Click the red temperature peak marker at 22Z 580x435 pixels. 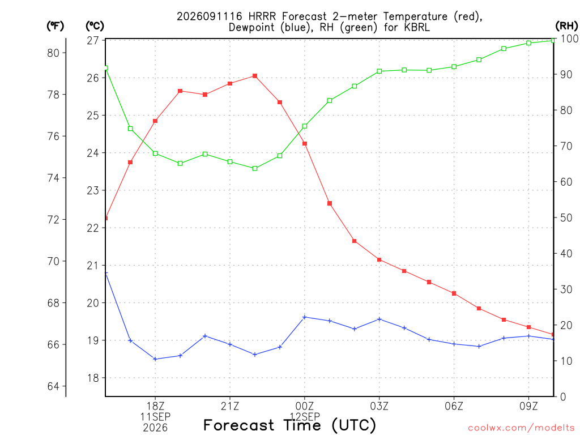pyautogui.click(x=255, y=76)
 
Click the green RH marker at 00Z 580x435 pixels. pyautogui.click(x=305, y=126)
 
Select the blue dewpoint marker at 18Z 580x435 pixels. pyautogui.click(x=155, y=359)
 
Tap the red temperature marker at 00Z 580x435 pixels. pyautogui.click(x=305, y=143)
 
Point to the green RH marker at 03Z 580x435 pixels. pyautogui.click(x=379, y=71)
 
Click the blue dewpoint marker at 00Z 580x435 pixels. pyautogui.click(x=305, y=317)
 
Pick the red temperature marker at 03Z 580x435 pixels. pyautogui.click(x=379, y=259)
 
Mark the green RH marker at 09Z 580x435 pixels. pyautogui.click(x=528, y=43)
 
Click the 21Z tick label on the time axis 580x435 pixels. pyautogui.click(x=230, y=406)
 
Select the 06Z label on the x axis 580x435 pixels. pyautogui.click(x=454, y=406)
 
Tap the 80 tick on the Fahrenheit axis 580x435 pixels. pyautogui.click(x=54, y=53)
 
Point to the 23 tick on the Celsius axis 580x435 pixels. pyautogui.click(x=93, y=190)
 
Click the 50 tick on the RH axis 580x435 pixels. pyautogui.click(x=566, y=217)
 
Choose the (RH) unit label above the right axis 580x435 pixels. pyautogui.click(x=566, y=25)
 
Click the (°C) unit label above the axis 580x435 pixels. pyautogui.click(x=95, y=26)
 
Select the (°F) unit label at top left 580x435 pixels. pyautogui.click(x=55, y=26)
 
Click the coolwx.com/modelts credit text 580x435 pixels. pyautogui.click(x=521, y=428)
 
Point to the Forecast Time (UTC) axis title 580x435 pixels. pyautogui.click(x=289, y=425)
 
